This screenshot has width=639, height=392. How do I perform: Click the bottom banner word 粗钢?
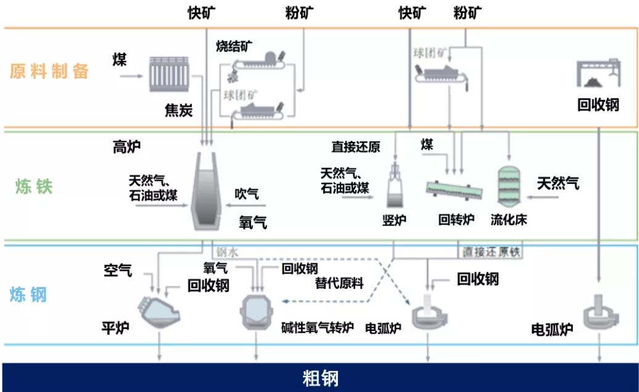(x=320, y=378)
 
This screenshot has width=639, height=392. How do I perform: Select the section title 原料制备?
(x=49, y=71)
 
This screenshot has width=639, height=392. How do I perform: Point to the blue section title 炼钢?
(x=28, y=295)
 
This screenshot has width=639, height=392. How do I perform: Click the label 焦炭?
(x=178, y=111)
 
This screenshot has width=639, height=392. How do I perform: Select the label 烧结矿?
(x=234, y=46)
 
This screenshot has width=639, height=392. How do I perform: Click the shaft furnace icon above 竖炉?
(x=394, y=185)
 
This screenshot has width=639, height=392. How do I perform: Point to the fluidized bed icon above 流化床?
(x=509, y=185)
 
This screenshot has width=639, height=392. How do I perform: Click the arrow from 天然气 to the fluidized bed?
(x=546, y=199)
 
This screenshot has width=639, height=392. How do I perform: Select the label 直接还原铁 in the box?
(x=489, y=252)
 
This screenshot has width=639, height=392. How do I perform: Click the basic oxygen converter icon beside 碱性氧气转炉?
(x=256, y=312)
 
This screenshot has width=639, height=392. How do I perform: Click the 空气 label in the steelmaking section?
(x=118, y=270)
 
